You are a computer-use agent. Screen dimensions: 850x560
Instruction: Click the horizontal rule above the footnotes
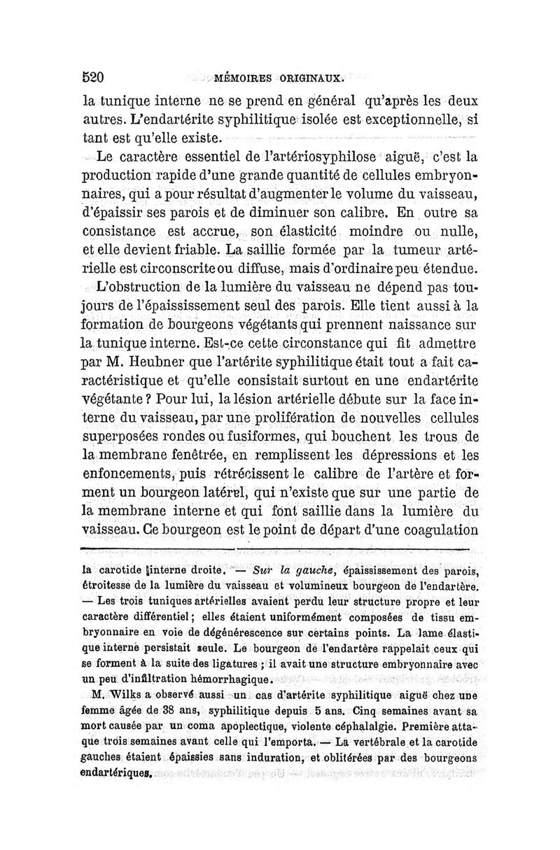pyautogui.click(x=280, y=550)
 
